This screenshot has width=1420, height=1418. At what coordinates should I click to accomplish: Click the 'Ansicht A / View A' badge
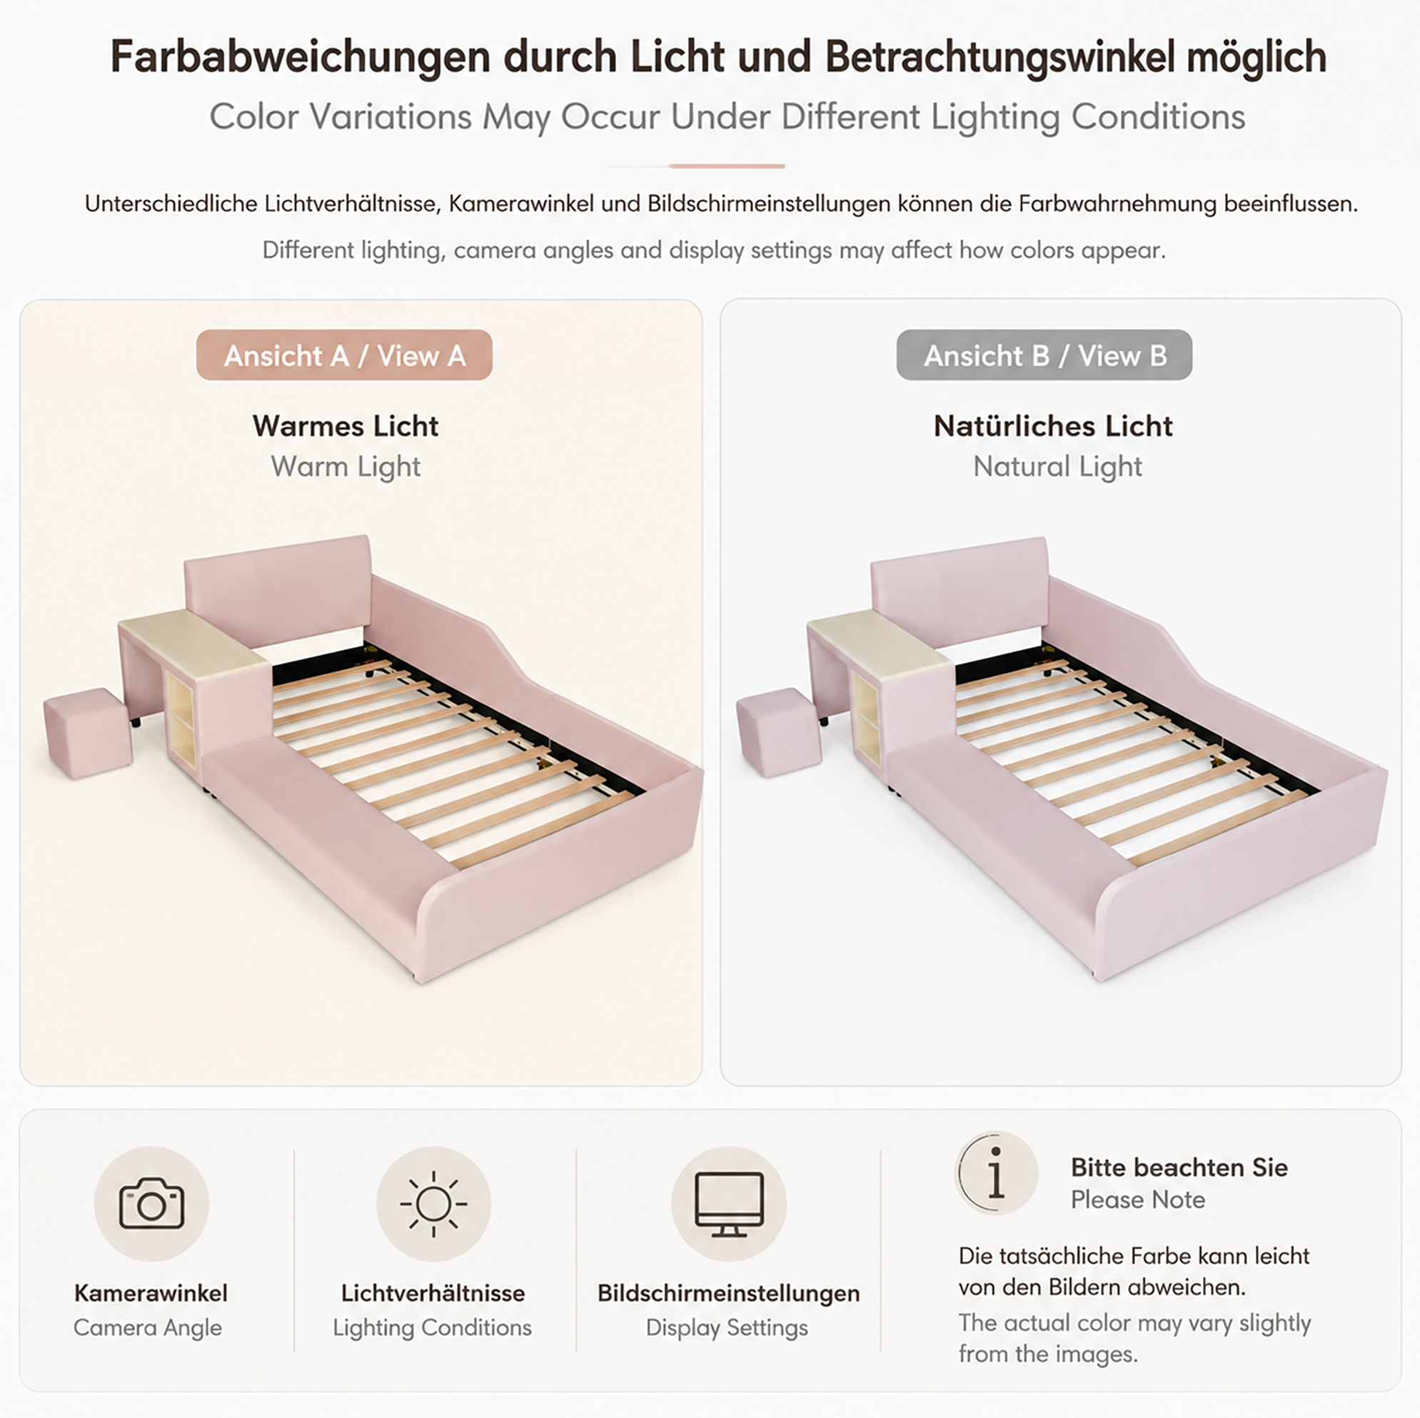344,355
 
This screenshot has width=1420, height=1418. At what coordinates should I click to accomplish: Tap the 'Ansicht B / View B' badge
1044,355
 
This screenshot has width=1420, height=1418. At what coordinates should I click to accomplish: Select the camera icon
151,1204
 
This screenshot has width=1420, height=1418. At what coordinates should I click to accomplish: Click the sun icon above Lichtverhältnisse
433,1204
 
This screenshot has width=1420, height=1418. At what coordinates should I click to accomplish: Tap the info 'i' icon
996,1173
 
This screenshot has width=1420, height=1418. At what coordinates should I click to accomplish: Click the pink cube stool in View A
89,732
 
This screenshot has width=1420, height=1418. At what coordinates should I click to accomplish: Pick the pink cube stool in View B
780,732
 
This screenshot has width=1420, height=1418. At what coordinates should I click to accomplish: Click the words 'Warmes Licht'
346,426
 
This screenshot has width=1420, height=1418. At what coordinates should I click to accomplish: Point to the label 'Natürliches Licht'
1053,426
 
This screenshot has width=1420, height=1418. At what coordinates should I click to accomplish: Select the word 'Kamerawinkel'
151,1292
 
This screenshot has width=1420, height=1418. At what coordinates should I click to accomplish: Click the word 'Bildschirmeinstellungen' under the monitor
728,1292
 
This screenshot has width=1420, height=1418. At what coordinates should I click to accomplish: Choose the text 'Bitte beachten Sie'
1179,1167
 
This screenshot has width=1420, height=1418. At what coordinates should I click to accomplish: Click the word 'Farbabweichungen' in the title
300,56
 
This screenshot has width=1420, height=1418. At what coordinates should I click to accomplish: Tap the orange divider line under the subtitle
727,166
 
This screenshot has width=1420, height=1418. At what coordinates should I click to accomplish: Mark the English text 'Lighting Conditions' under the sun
432,1327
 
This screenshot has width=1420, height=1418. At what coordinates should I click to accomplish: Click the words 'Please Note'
1138,1199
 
